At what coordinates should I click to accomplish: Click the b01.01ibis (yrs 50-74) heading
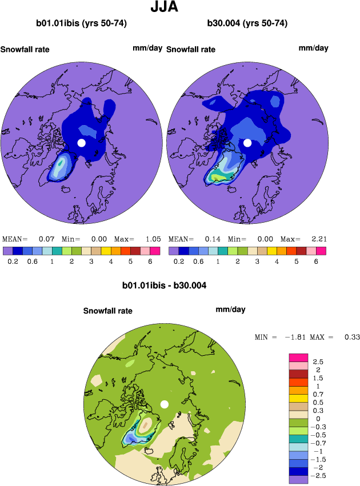pyautogui.click(x=81, y=23)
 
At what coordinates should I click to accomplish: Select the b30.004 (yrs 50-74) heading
pyautogui.click(x=247, y=23)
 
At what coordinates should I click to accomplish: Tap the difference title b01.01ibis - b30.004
pyautogui.click(x=164, y=285)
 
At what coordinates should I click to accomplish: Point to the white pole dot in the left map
pyautogui.click(x=81, y=143)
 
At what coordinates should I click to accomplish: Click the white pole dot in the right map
pyautogui.click(x=247, y=143)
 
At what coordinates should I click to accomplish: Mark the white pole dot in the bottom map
pyautogui.click(x=165, y=404)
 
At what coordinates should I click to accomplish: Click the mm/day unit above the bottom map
pyautogui.click(x=230, y=310)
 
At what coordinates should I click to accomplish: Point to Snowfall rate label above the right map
pyautogui.click(x=191, y=49)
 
